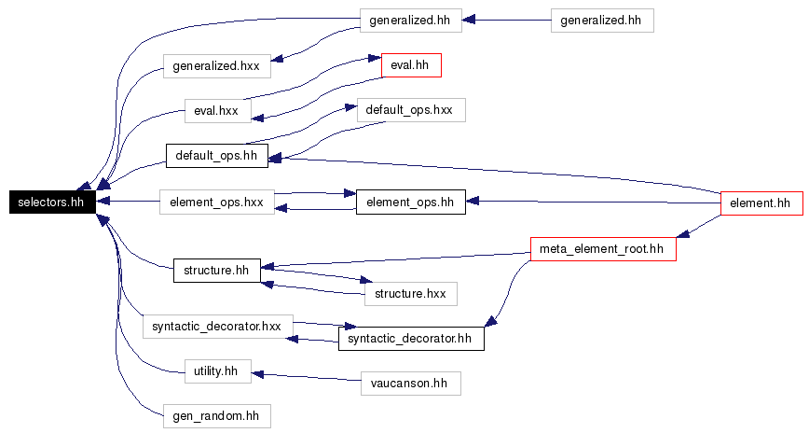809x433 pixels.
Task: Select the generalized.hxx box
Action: pyautogui.click(x=216, y=66)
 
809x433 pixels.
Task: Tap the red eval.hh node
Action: pyautogui.click(x=411, y=65)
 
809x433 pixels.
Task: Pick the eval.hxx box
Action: pyautogui.click(x=218, y=111)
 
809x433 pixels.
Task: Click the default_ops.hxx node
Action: pyautogui.click(x=411, y=110)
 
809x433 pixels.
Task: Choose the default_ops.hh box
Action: pyautogui.click(x=216, y=156)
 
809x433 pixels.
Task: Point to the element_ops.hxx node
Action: pyautogui.click(x=216, y=202)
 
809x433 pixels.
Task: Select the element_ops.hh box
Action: pyautogui.click(x=411, y=202)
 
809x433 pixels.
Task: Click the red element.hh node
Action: pyautogui.click(x=761, y=203)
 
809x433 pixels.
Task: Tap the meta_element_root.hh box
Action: pyautogui.click(x=603, y=249)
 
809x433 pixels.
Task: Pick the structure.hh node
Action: pyautogui.click(x=216, y=271)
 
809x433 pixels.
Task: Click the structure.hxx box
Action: pyautogui.click(x=411, y=294)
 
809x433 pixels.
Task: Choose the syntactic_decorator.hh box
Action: pyautogui.click(x=411, y=339)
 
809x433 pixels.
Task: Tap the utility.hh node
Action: pyautogui.click(x=218, y=371)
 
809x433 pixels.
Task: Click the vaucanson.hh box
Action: pyautogui.click(x=411, y=384)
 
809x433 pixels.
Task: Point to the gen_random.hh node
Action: pyautogui.click(x=216, y=416)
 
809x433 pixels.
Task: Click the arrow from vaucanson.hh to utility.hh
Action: pyautogui.click(x=306, y=377)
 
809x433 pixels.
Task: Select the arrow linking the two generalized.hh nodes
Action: pyautogui.click(x=506, y=21)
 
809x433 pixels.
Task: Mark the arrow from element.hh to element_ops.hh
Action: pyautogui.click(x=593, y=202)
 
